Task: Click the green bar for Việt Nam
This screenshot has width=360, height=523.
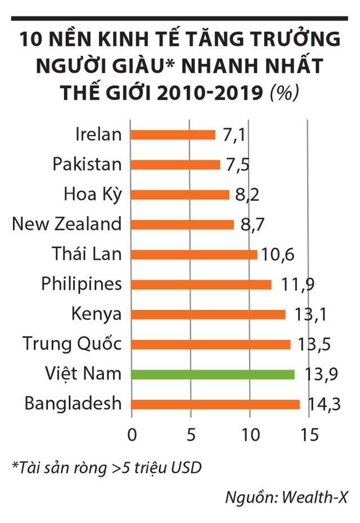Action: pyautogui.click(x=213, y=374)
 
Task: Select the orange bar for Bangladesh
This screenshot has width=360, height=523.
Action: pyautogui.click(x=216, y=404)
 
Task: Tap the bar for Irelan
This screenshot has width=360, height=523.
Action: pyautogui.click(x=173, y=135)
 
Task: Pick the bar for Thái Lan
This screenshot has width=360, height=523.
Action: pyautogui.click(x=195, y=254)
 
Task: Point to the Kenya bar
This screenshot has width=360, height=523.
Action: pyautogui.click(x=209, y=314)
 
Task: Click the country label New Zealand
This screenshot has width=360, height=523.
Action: pyautogui.click(x=67, y=224)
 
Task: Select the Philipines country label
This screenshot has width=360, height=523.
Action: pyautogui.click(x=82, y=284)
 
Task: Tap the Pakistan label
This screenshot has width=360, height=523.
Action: pyautogui.click(x=87, y=165)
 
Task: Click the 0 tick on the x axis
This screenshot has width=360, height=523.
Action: pyautogui.click(x=132, y=435)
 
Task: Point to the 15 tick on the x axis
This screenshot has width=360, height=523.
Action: pyautogui.click(x=309, y=435)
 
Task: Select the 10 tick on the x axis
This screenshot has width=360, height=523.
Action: pyautogui.click(x=250, y=435)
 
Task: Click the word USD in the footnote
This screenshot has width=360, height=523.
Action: pyautogui.click(x=186, y=468)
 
